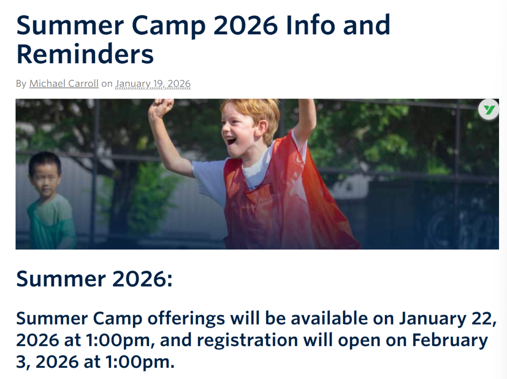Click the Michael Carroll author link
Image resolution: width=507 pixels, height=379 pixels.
coord(64,83)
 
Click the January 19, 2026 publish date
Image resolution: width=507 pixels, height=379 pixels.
coord(153,83)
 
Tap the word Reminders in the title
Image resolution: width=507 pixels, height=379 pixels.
coord(85,54)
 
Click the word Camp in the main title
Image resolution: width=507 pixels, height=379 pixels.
coord(169,26)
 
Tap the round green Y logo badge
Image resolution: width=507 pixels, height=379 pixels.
coord(488,110)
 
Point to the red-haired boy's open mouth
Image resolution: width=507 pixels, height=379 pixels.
coord(231,141)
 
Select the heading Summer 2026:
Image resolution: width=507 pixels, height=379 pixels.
coord(94,279)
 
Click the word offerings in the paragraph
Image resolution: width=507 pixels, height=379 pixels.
coord(186,319)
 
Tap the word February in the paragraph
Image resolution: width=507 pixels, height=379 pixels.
coord(450,341)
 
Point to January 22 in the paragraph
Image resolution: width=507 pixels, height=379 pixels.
coord(447,319)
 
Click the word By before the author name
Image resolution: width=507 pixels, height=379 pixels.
coord(21,83)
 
